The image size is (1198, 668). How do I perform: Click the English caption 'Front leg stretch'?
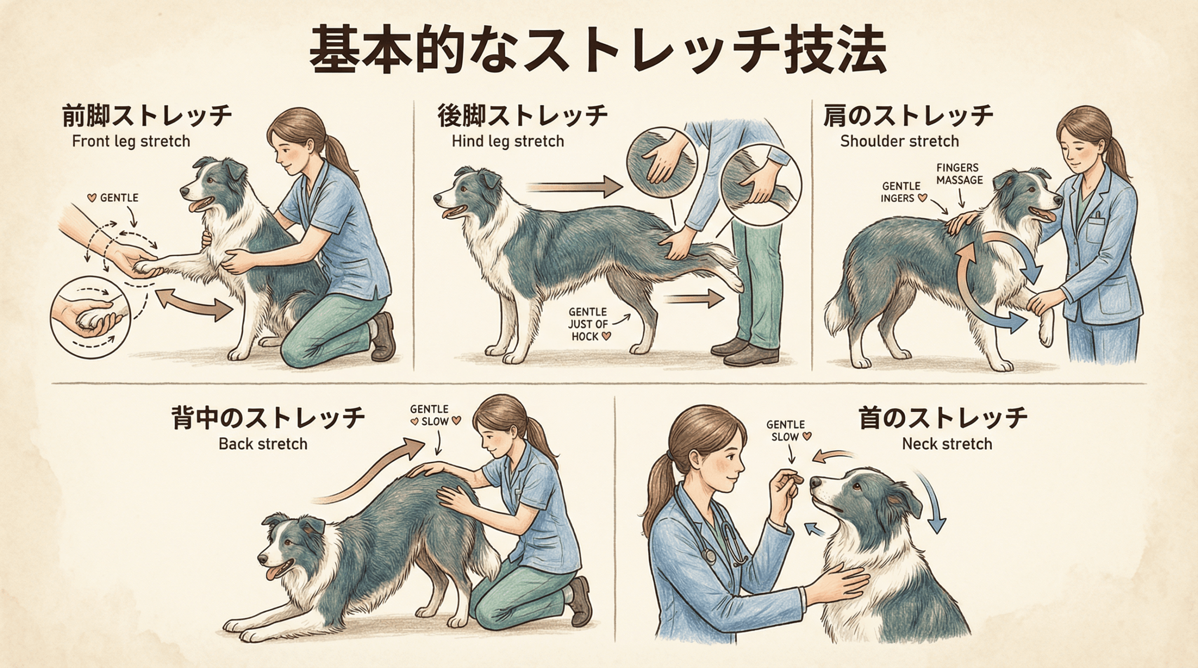click(x=131, y=141)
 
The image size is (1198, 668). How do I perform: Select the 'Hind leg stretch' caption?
click(x=508, y=141)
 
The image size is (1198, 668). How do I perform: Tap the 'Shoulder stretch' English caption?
click(x=899, y=141)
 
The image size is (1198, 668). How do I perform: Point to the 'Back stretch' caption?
click(x=263, y=444)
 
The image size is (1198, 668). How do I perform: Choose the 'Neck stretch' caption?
click(x=947, y=444)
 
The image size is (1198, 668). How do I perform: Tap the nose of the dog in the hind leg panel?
click(x=437, y=198)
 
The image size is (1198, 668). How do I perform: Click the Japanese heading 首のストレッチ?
click(x=943, y=417)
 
